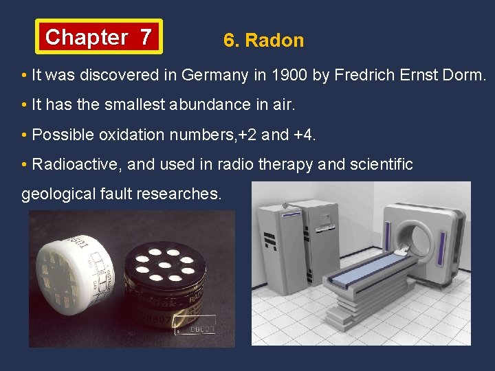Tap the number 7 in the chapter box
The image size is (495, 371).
(x=146, y=37)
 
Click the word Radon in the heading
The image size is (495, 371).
(x=274, y=41)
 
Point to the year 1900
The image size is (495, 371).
(x=290, y=76)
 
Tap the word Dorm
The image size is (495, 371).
(x=466, y=76)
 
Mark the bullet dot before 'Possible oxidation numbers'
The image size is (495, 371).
(x=24, y=135)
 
